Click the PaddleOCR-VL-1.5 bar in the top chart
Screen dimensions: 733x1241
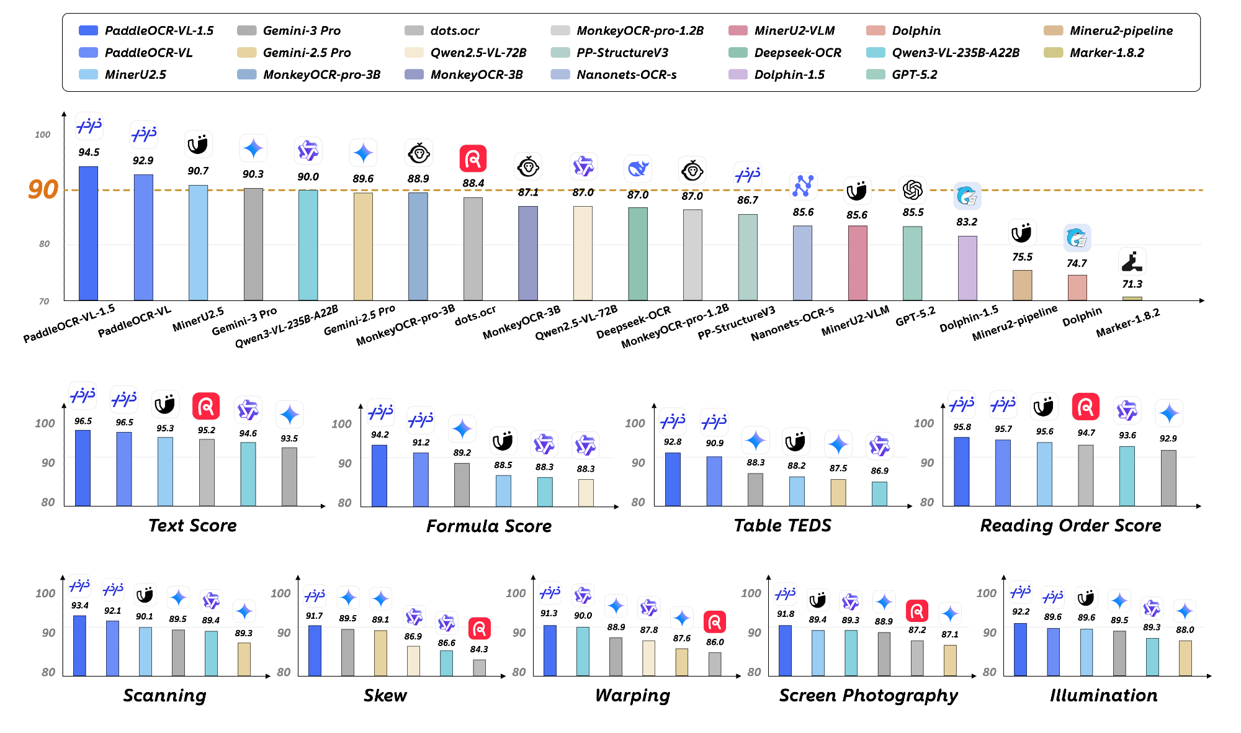pyautogui.click(x=88, y=233)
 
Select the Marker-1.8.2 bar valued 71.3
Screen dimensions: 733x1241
pyautogui.click(x=1132, y=299)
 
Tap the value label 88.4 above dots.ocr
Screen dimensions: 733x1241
pyautogui.click(x=473, y=183)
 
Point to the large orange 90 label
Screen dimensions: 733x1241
pyautogui.click(x=43, y=189)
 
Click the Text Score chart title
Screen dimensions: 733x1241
pyautogui.click(x=192, y=526)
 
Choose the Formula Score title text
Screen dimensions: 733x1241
pyautogui.click(x=488, y=526)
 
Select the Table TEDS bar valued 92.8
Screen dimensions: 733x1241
pyautogui.click(x=673, y=479)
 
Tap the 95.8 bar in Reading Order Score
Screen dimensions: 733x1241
pyautogui.click(x=962, y=472)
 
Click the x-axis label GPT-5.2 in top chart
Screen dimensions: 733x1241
pyautogui.click(x=915, y=317)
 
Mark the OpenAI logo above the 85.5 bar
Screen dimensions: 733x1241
pyautogui.click(x=913, y=190)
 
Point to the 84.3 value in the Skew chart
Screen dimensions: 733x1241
pyautogui.click(x=479, y=649)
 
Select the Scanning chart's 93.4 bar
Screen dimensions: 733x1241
pyautogui.click(x=79, y=645)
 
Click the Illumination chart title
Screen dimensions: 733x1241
pyautogui.click(x=1103, y=696)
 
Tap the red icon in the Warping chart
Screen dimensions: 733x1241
pyautogui.click(x=715, y=622)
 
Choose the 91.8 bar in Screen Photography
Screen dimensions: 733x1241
pyautogui.click(x=785, y=650)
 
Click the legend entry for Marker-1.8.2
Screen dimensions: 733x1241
pyautogui.click(x=1106, y=53)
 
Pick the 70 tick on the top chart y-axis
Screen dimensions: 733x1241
pyautogui.click(x=44, y=302)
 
